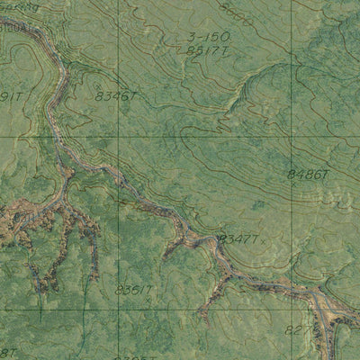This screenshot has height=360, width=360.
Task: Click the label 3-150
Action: (x=209, y=37)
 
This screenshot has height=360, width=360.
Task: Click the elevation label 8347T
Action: (x=239, y=238)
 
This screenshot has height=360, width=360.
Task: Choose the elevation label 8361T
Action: (x=134, y=289)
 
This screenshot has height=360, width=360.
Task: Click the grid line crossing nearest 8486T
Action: (x=292, y=137)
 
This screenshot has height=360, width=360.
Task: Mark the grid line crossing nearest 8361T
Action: (x=117, y=310)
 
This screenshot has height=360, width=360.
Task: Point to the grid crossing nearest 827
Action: (x=292, y=310)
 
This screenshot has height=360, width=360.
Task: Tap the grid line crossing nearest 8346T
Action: (x=117, y=137)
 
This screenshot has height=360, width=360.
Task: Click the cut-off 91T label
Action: (x=10, y=96)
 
